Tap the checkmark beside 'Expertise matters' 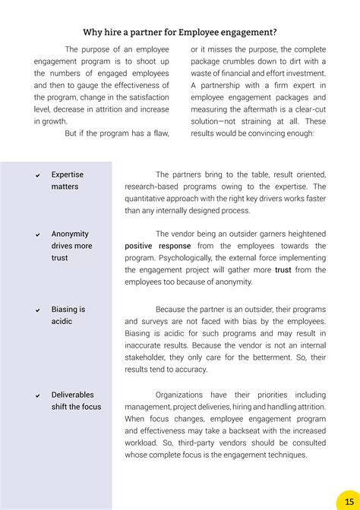pyautogui.click(x=37, y=175)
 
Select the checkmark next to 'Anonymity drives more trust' pyautogui.click(x=37, y=235)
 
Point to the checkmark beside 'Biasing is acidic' pyautogui.click(x=37, y=310)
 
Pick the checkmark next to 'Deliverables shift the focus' pyautogui.click(x=37, y=395)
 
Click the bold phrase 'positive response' pyautogui.click(x=158, y=246)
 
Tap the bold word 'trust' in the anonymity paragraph pyautogui.click(x=283, y=269)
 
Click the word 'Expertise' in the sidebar pyautogui.click(x=68, y=175)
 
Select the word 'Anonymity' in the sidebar pyautogui.click(x=70, y=234)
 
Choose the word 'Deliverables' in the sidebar pyautogui.click(x=73, y=395)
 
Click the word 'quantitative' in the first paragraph pyautogui.click(x=149, y=199)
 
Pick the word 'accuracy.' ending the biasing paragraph pyautogui.click(x=189, y=370)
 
